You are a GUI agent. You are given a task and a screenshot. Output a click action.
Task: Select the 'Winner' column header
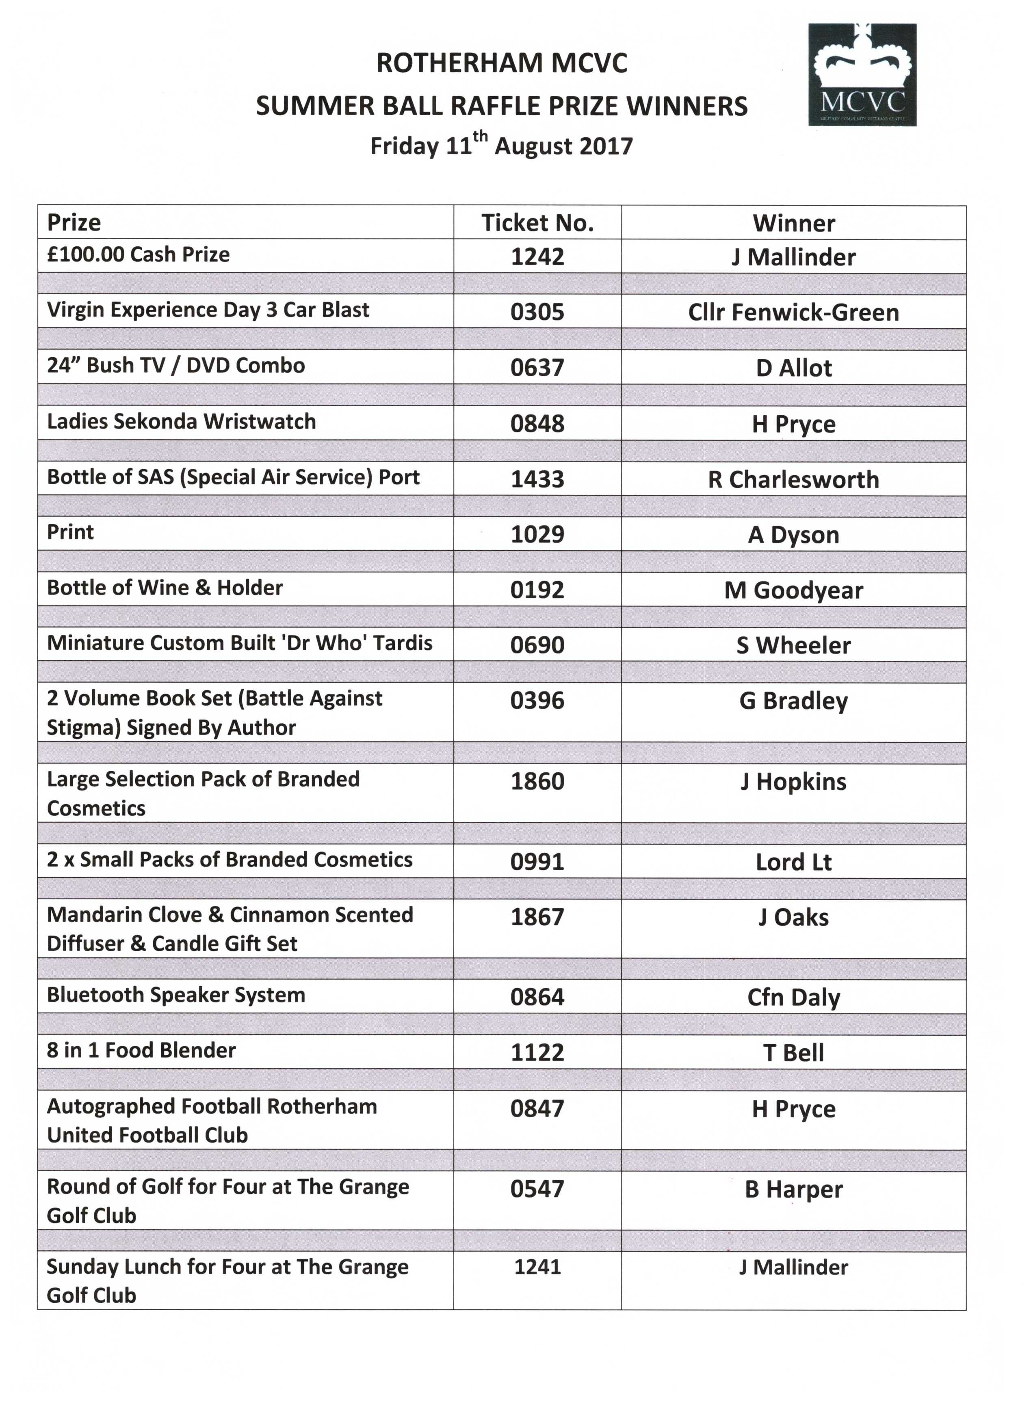tap(793, 223)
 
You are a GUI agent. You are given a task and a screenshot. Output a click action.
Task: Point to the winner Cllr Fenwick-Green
tap(793, 312)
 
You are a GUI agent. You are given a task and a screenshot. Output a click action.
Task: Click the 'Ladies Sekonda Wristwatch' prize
tap(181, 421)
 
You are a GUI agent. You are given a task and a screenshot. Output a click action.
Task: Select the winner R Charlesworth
tap(793, 479)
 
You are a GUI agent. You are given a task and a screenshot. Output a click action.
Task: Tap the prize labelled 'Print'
tap(70, 532)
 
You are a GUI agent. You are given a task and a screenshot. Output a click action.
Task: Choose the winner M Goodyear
tap(793, 590)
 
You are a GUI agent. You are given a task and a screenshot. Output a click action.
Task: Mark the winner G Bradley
tap(793, 700)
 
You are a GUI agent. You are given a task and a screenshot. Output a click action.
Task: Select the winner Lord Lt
tap(793, 862)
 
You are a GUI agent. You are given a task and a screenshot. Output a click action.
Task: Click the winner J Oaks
tap(793, 917)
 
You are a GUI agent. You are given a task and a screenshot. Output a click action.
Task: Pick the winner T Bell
tap(793, 1053)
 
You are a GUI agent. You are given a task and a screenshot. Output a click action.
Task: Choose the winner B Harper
tap(793, 1190)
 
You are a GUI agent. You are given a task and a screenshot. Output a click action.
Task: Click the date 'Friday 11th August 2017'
tap(501, 145)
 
